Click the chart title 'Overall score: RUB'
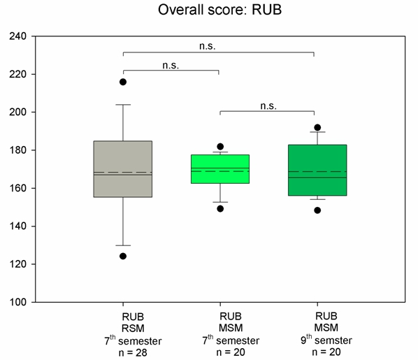click(220, 10)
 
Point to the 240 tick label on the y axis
click(18, 36)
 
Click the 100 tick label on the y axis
click(18, 302)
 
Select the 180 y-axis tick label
click(18, 150)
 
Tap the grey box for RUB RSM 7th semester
click(123, 169)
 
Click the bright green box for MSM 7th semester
click(220, 169)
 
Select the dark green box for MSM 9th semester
click(317, 170)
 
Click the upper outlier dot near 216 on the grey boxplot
click(123, 82)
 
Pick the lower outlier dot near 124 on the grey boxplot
click(123, 257)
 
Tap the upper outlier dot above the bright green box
click(220, 146)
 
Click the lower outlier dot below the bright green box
click(220, 209)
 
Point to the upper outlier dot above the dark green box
click(317, 127)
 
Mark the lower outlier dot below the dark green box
click(317, 210)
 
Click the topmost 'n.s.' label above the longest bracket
click(208, 46)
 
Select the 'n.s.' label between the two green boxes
click(268, 106)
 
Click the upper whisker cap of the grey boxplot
click(123, 105)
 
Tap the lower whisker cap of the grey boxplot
click(123, 245)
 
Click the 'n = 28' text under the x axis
click(133, 353)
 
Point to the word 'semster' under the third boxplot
click(333, 340)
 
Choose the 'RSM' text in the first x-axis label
click(133, 329)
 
